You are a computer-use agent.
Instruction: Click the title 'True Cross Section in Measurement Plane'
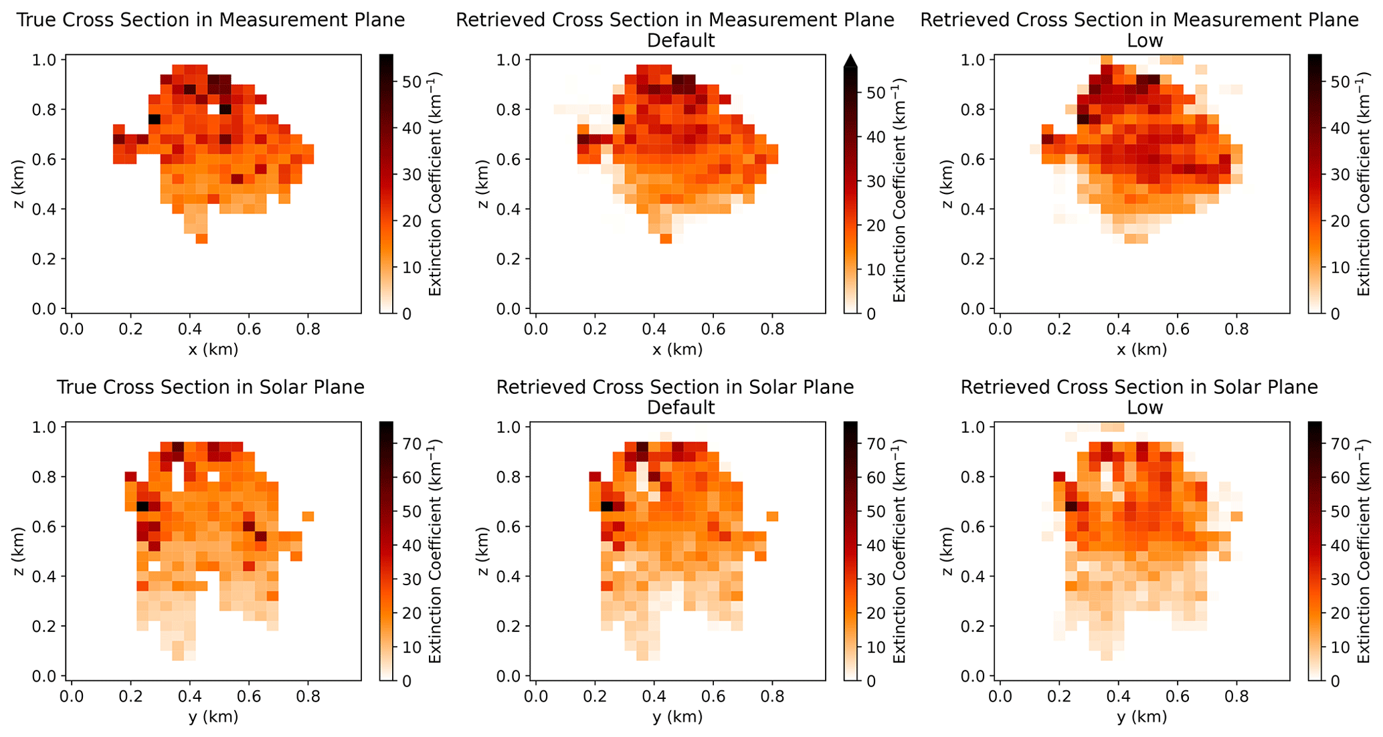click(x=211, y=20)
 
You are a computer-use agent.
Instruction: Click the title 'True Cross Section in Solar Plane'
click(x=211, y=387)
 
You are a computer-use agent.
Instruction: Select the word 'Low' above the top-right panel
click(x=1145, y=41)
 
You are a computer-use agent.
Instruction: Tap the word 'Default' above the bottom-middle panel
click(x=680, y=407)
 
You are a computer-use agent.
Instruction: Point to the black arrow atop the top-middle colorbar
click(x=850, y=61)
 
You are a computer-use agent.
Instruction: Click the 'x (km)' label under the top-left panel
click(x=213, y=349)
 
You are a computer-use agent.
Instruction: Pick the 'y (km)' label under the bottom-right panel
click(x=1141, y=717)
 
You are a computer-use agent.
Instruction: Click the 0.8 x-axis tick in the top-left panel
click(x=308, y=329)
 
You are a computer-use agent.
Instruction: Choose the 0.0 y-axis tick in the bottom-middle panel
click(x=535, y=697)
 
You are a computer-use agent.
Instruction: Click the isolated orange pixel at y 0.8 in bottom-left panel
click(x=308, y=516)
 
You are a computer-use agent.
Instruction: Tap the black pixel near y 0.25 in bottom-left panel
click(x=142, y=506)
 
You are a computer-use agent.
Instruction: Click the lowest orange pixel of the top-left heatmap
click(x=201, y=239)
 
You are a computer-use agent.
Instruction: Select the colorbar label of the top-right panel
click(x=1362, y=184)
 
